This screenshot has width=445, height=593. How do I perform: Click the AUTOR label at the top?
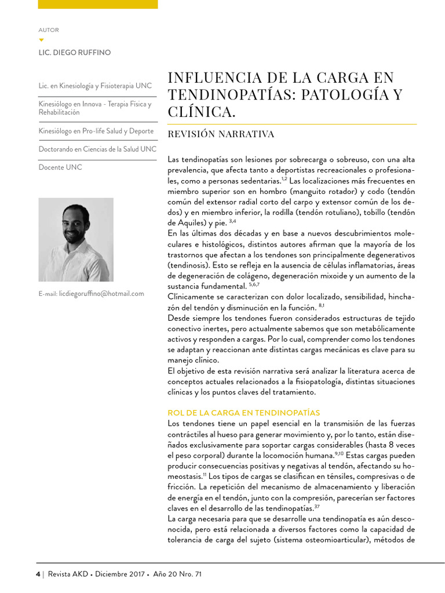coord(48,30)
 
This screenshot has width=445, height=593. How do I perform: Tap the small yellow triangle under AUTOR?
coord(41,40)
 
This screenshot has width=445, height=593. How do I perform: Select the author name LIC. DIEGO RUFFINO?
coord(74,53)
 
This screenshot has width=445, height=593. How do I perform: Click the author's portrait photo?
coord(76,239)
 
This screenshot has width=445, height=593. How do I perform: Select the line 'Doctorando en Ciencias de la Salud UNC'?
coord(97,149)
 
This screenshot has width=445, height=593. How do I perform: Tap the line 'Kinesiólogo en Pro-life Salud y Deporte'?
coord(96,131)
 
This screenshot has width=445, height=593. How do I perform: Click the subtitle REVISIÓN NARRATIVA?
coord(221,134)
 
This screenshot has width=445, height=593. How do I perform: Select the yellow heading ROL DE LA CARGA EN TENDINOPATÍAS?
coord(243,413)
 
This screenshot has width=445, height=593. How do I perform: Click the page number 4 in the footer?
coord(38,574)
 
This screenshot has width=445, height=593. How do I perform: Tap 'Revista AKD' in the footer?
coord(68,574)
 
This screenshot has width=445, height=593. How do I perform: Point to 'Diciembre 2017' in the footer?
coord(121,574)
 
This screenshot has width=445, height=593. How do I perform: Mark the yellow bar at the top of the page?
coord(97,4)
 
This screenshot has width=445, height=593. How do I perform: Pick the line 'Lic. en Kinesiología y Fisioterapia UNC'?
coord(95,86)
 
